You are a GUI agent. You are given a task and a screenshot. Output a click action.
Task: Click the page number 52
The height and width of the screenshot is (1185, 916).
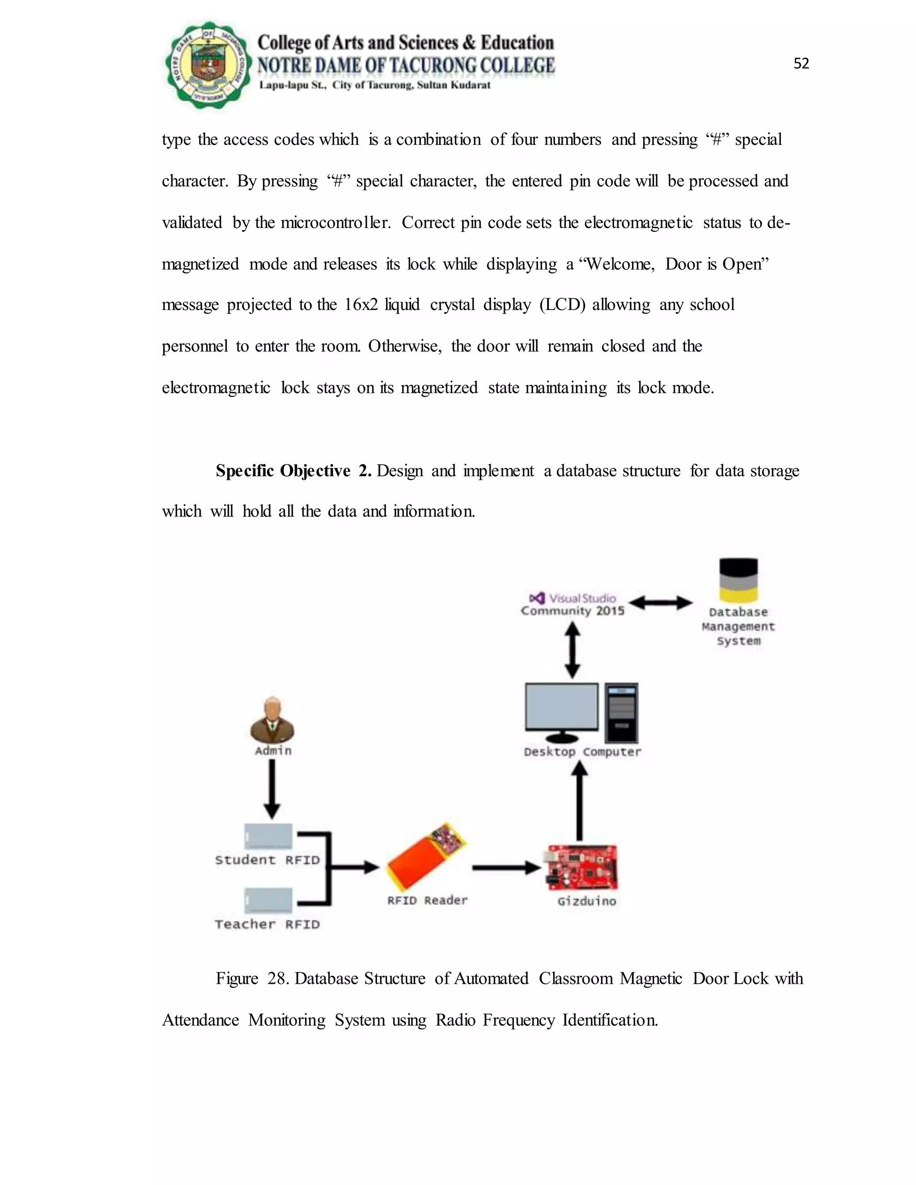801,64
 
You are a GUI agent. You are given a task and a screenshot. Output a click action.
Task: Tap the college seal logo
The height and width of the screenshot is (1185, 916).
208,65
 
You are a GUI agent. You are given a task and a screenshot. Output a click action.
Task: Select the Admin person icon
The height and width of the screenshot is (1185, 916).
272,720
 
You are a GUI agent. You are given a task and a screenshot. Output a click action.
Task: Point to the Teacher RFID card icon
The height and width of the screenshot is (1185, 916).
268,900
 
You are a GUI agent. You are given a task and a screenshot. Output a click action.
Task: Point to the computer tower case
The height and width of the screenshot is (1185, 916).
622,712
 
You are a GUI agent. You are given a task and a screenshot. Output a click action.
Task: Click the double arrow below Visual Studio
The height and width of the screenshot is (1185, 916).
572,650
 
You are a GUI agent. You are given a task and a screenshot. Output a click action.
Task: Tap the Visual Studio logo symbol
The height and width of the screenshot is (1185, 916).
537,598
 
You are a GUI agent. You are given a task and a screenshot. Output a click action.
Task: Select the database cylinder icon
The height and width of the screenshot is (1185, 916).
738,580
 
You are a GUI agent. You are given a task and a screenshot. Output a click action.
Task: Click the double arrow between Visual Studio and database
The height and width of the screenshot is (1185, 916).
660,602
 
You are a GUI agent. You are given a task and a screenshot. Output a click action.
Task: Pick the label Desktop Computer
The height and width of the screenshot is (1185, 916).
582,752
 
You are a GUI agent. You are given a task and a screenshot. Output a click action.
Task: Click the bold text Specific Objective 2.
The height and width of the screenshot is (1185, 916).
293,470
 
